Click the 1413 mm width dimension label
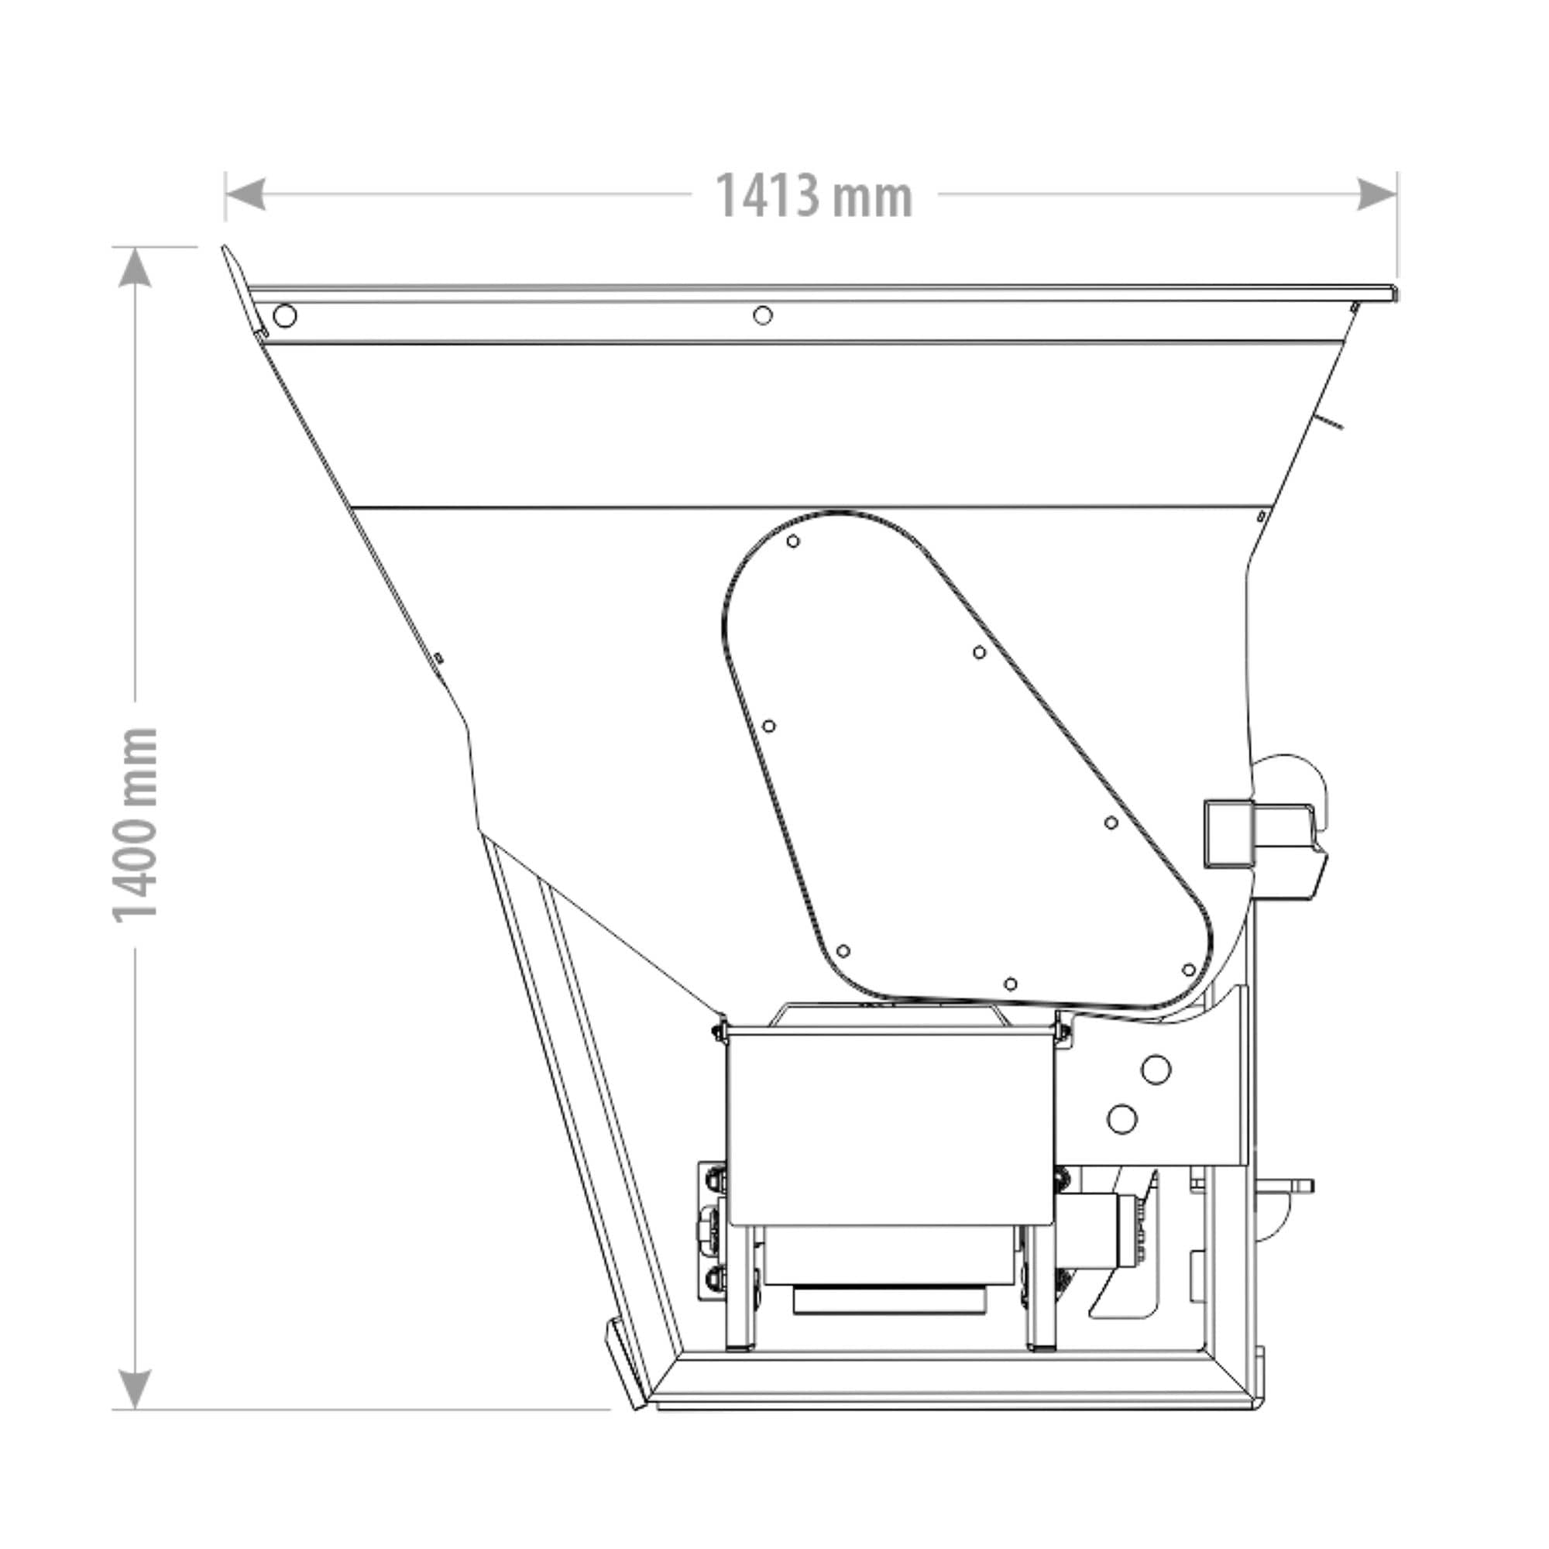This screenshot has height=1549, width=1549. [x=813, y=196]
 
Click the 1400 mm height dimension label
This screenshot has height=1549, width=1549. [x=135, y=825]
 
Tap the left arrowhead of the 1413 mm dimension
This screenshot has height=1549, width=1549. [x=245, y=195]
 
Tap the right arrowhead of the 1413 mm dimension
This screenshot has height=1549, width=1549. [x=1376, y=195]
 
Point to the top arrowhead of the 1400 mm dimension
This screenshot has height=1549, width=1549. [x=135, y=266]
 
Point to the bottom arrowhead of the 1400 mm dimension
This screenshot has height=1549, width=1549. [x=135, y=1389]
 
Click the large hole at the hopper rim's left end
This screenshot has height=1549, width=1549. [x=284, y=315]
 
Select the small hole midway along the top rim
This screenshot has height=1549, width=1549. [x=762, y=315]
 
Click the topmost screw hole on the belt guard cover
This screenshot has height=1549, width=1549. [x=793, y=541]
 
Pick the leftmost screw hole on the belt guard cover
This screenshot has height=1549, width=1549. [x=768, y=726]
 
